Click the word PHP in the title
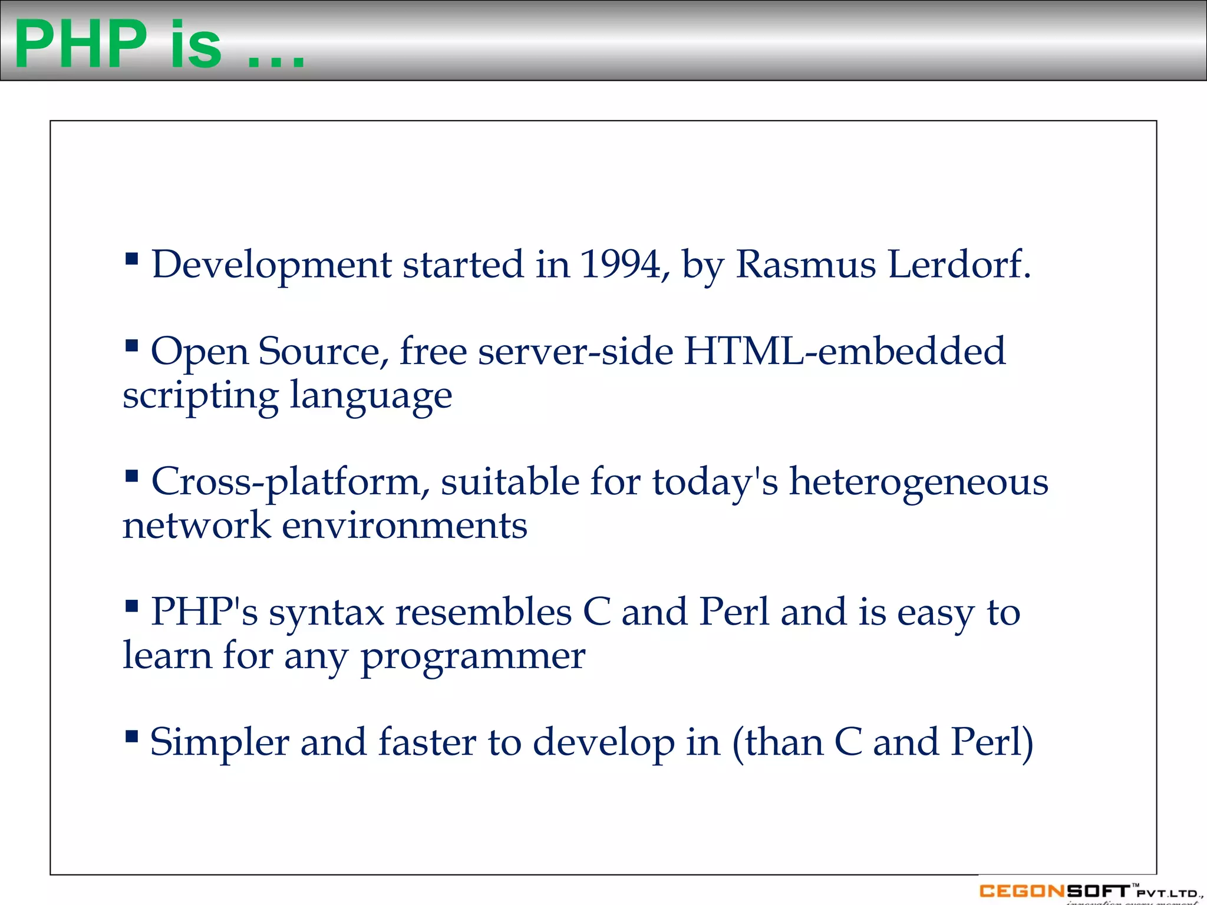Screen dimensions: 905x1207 (81, 44)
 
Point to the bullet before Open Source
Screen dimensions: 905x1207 (132, 345)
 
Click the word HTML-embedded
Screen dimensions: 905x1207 (845, 351)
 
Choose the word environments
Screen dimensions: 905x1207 (404, 526)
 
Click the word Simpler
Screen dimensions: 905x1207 (219, 744)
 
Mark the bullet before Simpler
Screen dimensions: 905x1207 (132, 736)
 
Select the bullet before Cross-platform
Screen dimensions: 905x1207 (132, 475)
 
